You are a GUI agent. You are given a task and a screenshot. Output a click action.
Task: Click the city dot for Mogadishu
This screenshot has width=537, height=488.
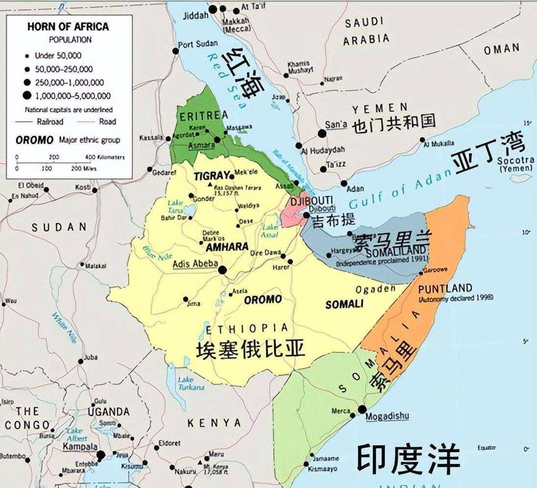point(362,409)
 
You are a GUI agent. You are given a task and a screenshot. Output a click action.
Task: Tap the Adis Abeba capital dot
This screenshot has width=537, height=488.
point(222,270)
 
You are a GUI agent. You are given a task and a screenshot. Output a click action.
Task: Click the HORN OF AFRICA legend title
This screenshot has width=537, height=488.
point(69,27)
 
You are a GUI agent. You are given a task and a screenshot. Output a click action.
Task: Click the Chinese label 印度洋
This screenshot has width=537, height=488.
point(408,459)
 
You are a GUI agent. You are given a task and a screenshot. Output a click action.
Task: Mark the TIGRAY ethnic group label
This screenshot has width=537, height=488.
point(212,176)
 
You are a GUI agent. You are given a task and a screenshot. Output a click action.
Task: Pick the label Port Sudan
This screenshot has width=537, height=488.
point(198,44)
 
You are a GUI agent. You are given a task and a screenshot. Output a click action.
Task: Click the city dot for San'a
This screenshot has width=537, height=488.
point(322,133)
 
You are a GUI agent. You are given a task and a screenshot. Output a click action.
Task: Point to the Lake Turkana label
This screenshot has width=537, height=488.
point(190,383)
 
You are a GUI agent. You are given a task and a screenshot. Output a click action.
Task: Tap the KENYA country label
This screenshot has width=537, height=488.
point(214,422)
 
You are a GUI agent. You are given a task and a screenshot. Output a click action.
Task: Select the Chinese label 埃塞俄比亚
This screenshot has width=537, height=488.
point(250,349)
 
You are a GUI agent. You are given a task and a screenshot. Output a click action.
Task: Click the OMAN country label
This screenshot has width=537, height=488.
point(501,48)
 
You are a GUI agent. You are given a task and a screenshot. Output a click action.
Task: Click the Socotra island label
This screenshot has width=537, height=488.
point(514,161)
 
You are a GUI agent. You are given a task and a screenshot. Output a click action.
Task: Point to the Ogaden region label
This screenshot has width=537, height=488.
point(375,289)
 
